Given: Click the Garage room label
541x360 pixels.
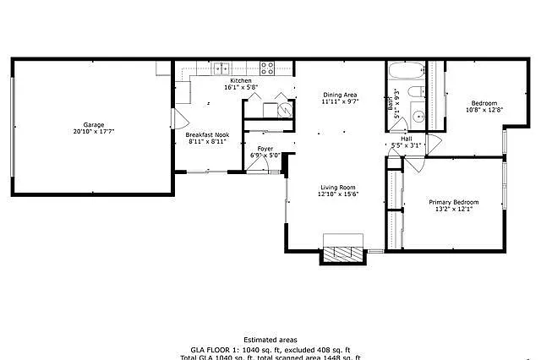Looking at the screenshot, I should (93, 125).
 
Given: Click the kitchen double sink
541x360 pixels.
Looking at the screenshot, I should (222, 68).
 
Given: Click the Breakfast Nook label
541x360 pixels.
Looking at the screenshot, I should (206, 135).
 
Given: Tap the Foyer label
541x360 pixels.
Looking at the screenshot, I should (265, 149).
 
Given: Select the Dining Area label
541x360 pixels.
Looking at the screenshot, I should (340, 95).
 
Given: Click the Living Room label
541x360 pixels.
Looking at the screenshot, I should (337, 188).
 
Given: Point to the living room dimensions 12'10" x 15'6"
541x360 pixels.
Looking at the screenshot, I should (337, 195).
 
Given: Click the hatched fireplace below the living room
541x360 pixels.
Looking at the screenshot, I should (343, 252).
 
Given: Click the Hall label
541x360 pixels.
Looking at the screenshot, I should (406, 139).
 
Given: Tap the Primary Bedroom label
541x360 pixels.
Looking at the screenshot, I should (454, 202).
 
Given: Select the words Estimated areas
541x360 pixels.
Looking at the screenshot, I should (270, 339).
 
